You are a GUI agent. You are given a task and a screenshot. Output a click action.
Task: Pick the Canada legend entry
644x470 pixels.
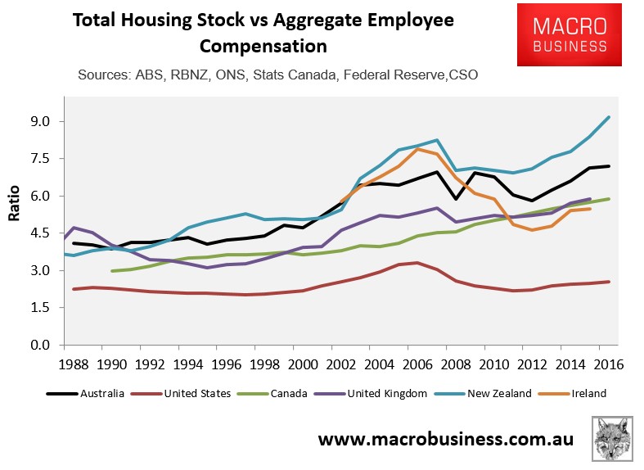(281, 394)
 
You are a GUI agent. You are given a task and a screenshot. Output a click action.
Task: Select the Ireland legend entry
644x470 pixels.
(588, 394)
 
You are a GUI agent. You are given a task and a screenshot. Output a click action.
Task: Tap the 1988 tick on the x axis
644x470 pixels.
(74, 364)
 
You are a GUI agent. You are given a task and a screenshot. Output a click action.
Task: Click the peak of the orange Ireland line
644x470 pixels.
(418, 149)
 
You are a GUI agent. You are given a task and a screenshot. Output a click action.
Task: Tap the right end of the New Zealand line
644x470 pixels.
(609, 117)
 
